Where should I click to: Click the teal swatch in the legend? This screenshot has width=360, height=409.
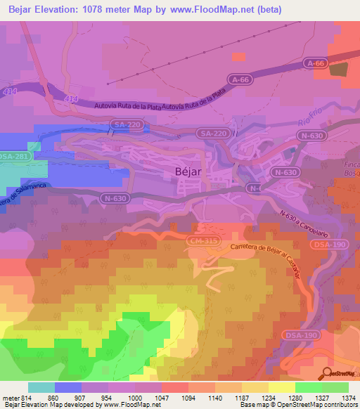(41, 387)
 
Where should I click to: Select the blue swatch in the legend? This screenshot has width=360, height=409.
(68, 387)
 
